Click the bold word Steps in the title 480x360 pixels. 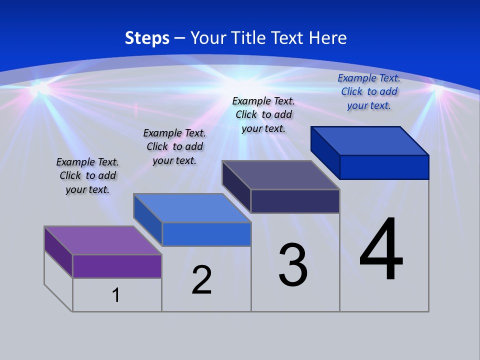tap(147, 38)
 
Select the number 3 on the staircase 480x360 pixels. tap(293, 264)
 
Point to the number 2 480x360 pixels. tap(202, 280)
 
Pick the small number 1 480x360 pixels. tap(116, 295)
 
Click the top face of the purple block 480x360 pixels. tap(103, 240)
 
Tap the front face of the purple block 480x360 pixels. tap(117, 266)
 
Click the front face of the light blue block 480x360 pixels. tap(206, 234)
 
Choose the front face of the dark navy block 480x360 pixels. tap(295, 201)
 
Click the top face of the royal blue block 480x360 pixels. tap(370, 140)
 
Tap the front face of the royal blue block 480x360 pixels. tap(384, 167)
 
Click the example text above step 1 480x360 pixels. tap(87, 175)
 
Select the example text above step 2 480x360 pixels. tap(174, 146)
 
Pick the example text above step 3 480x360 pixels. tap(263, 114)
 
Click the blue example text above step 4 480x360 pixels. tap(369, 91)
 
